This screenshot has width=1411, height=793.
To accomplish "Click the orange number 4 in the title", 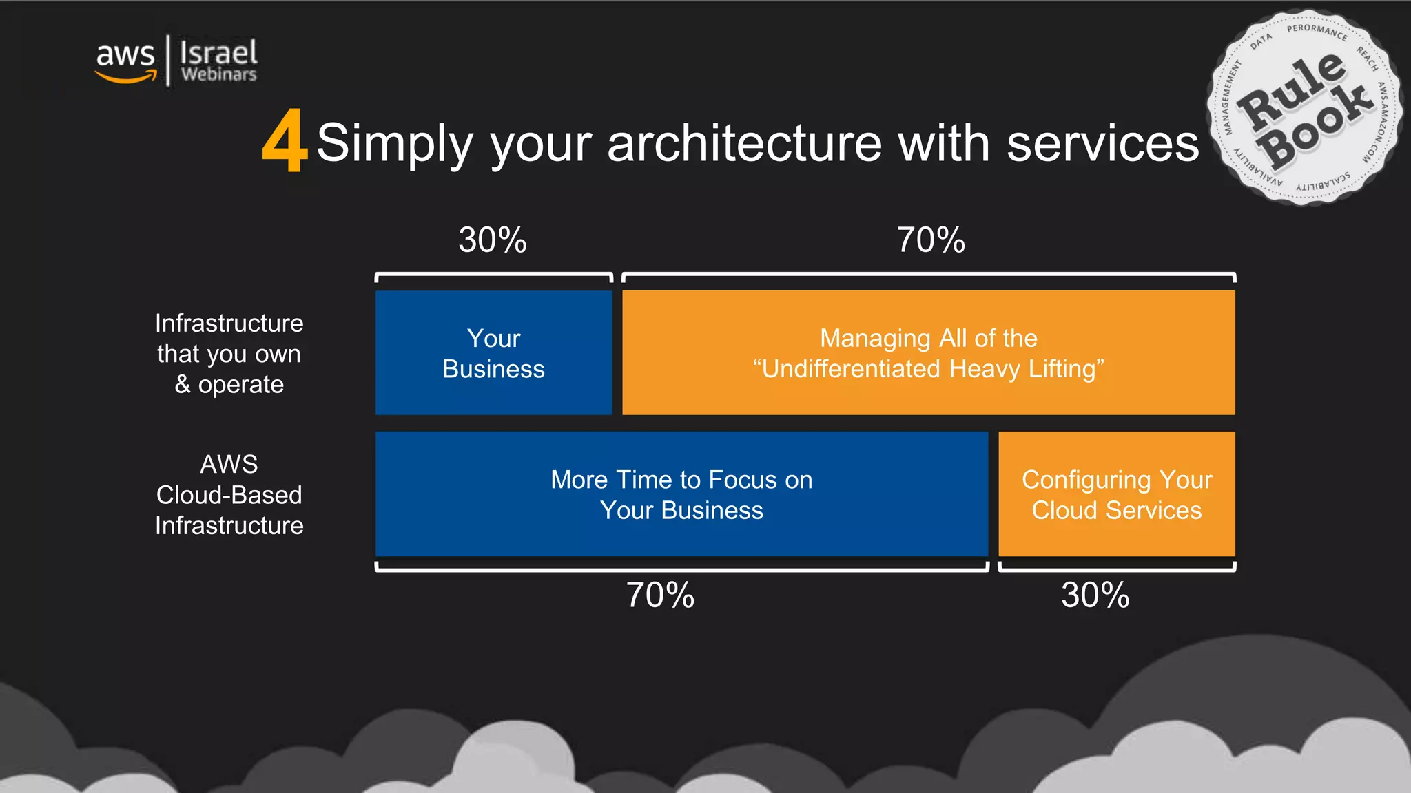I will click(x=284, y=141).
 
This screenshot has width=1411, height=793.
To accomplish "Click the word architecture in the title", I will click(x=745, y=143).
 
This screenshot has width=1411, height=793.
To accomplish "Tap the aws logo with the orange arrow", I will click(x=125, y=61).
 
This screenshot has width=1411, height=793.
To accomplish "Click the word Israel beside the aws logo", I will click(x=218, y=52).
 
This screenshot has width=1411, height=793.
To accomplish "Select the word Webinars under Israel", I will click(x=218, y=74).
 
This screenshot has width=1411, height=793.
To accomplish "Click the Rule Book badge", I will click(x=1304, y=108).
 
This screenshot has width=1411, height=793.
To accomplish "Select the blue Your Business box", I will click(x=493, y=352).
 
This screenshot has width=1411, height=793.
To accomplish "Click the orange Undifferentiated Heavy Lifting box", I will click(x=928, y=352).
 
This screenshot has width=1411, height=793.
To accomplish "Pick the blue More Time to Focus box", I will click(x=681, y=494).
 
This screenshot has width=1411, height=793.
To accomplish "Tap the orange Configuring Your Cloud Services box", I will click(x=1116, y=494).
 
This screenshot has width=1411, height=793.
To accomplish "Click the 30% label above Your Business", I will click(x=493, y=240).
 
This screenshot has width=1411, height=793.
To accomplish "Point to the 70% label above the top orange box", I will click(x=931, y=240).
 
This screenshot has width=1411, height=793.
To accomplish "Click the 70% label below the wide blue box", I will click(x=660, y=595).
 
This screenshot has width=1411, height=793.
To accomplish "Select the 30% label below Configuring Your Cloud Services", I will click(x=1095, y=595).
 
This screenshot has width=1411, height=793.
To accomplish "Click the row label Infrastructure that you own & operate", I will click(x=229, y=354).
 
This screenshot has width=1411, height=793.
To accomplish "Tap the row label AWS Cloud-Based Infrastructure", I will click(x=229, y=495).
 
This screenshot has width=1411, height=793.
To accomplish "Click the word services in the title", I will click(x=1102, y=143).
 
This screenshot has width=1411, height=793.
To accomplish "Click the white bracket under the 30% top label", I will click(x=493, y=275).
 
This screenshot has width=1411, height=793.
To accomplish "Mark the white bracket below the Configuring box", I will click(x=1117, y=569).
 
